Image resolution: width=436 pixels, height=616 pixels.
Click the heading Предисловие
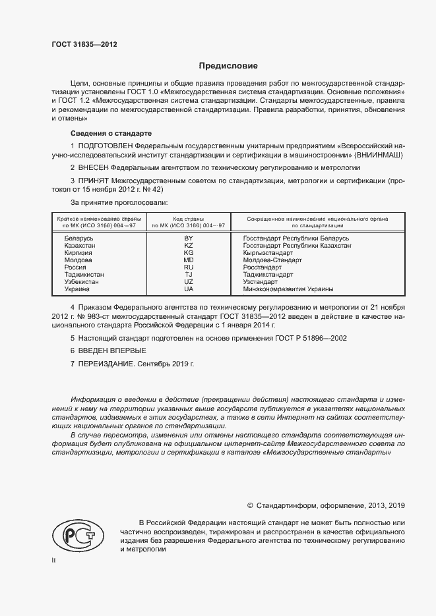coord(229,66)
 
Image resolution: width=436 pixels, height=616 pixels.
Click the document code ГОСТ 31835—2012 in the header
coord(85,44)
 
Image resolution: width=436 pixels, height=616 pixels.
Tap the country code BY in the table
coord(189,237)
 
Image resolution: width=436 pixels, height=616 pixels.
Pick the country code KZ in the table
coord(189,246)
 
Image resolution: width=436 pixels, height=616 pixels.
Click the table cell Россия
coord(75,267)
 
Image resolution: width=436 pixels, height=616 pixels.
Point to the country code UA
coord(189,289)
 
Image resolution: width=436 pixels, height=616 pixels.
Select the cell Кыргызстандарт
coord(268,253)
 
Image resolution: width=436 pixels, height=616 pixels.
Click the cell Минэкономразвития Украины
coord(288,289)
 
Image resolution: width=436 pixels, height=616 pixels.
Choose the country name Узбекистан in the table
coord(82,282)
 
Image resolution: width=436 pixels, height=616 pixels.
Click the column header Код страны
coord(189,219)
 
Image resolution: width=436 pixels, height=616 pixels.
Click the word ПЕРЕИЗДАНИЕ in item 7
coord(106,363)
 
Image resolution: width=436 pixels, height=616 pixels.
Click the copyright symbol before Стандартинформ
coord(250,505)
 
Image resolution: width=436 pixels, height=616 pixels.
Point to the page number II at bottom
coord(54,560)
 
